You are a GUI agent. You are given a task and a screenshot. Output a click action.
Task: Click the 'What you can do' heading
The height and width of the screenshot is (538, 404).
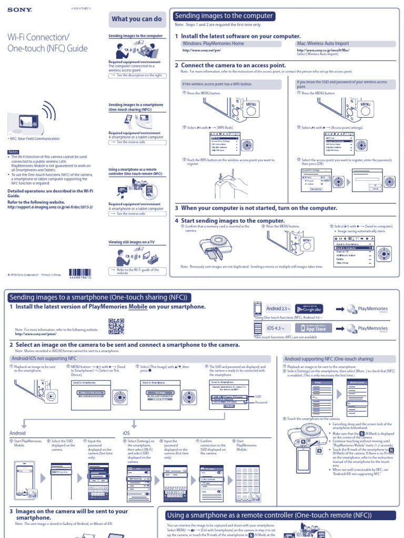pos(137,19)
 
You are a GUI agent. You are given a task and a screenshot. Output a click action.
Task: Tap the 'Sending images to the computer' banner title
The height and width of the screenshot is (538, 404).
pos(224,16)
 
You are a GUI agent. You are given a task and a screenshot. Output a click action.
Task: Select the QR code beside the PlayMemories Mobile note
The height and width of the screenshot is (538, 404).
pos(116,326)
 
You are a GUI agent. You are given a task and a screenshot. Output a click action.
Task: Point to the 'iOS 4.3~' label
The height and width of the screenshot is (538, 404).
pos(276,328)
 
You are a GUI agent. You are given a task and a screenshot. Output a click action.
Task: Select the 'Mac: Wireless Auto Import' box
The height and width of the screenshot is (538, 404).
pos(322,44)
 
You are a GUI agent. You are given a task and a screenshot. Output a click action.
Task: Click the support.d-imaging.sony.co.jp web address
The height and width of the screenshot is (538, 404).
pos(50,207)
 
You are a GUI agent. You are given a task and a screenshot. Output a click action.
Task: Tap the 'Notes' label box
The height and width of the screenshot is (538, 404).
pos(13,152)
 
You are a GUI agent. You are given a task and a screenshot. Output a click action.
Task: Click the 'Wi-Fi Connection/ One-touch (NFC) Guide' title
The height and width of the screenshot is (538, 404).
pos(47,43)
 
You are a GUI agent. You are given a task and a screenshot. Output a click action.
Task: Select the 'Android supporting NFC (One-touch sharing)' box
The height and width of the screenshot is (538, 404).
pos(329,359)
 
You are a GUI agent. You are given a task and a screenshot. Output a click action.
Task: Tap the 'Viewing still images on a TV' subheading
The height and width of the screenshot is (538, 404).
pos(132,242)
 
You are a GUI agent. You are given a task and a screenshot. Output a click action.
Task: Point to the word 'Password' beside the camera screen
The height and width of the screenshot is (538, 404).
pos(261,402)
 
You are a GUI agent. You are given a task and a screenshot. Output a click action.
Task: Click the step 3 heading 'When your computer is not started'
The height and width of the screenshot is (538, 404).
pos(256,208)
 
